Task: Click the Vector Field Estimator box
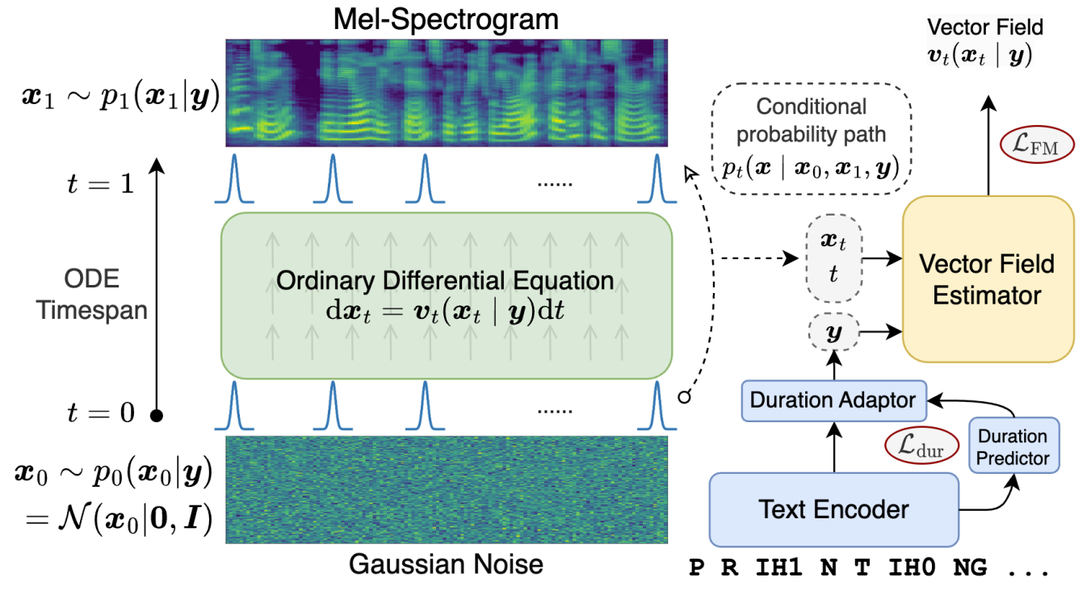[x=988, y=279]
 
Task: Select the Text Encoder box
[x=834, y=509]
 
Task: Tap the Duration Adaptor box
[x=833, y=400]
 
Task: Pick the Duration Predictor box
[x=1013, y=447]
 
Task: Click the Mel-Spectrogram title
[x=446, y=19]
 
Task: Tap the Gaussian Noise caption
[x=446, y=563]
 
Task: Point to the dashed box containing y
[x=833, y=332]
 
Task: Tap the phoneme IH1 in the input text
[x=778, y=568]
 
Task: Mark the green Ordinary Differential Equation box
[x=446, y=295]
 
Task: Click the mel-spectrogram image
[x=446, y=92]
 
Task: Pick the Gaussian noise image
[x=446, y=489]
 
